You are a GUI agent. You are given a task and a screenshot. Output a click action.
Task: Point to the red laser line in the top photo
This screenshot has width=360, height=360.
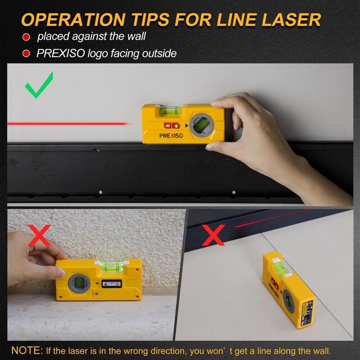click(x=67, y=123)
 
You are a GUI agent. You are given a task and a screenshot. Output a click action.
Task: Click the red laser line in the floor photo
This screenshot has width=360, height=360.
click(x=270, y=218)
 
